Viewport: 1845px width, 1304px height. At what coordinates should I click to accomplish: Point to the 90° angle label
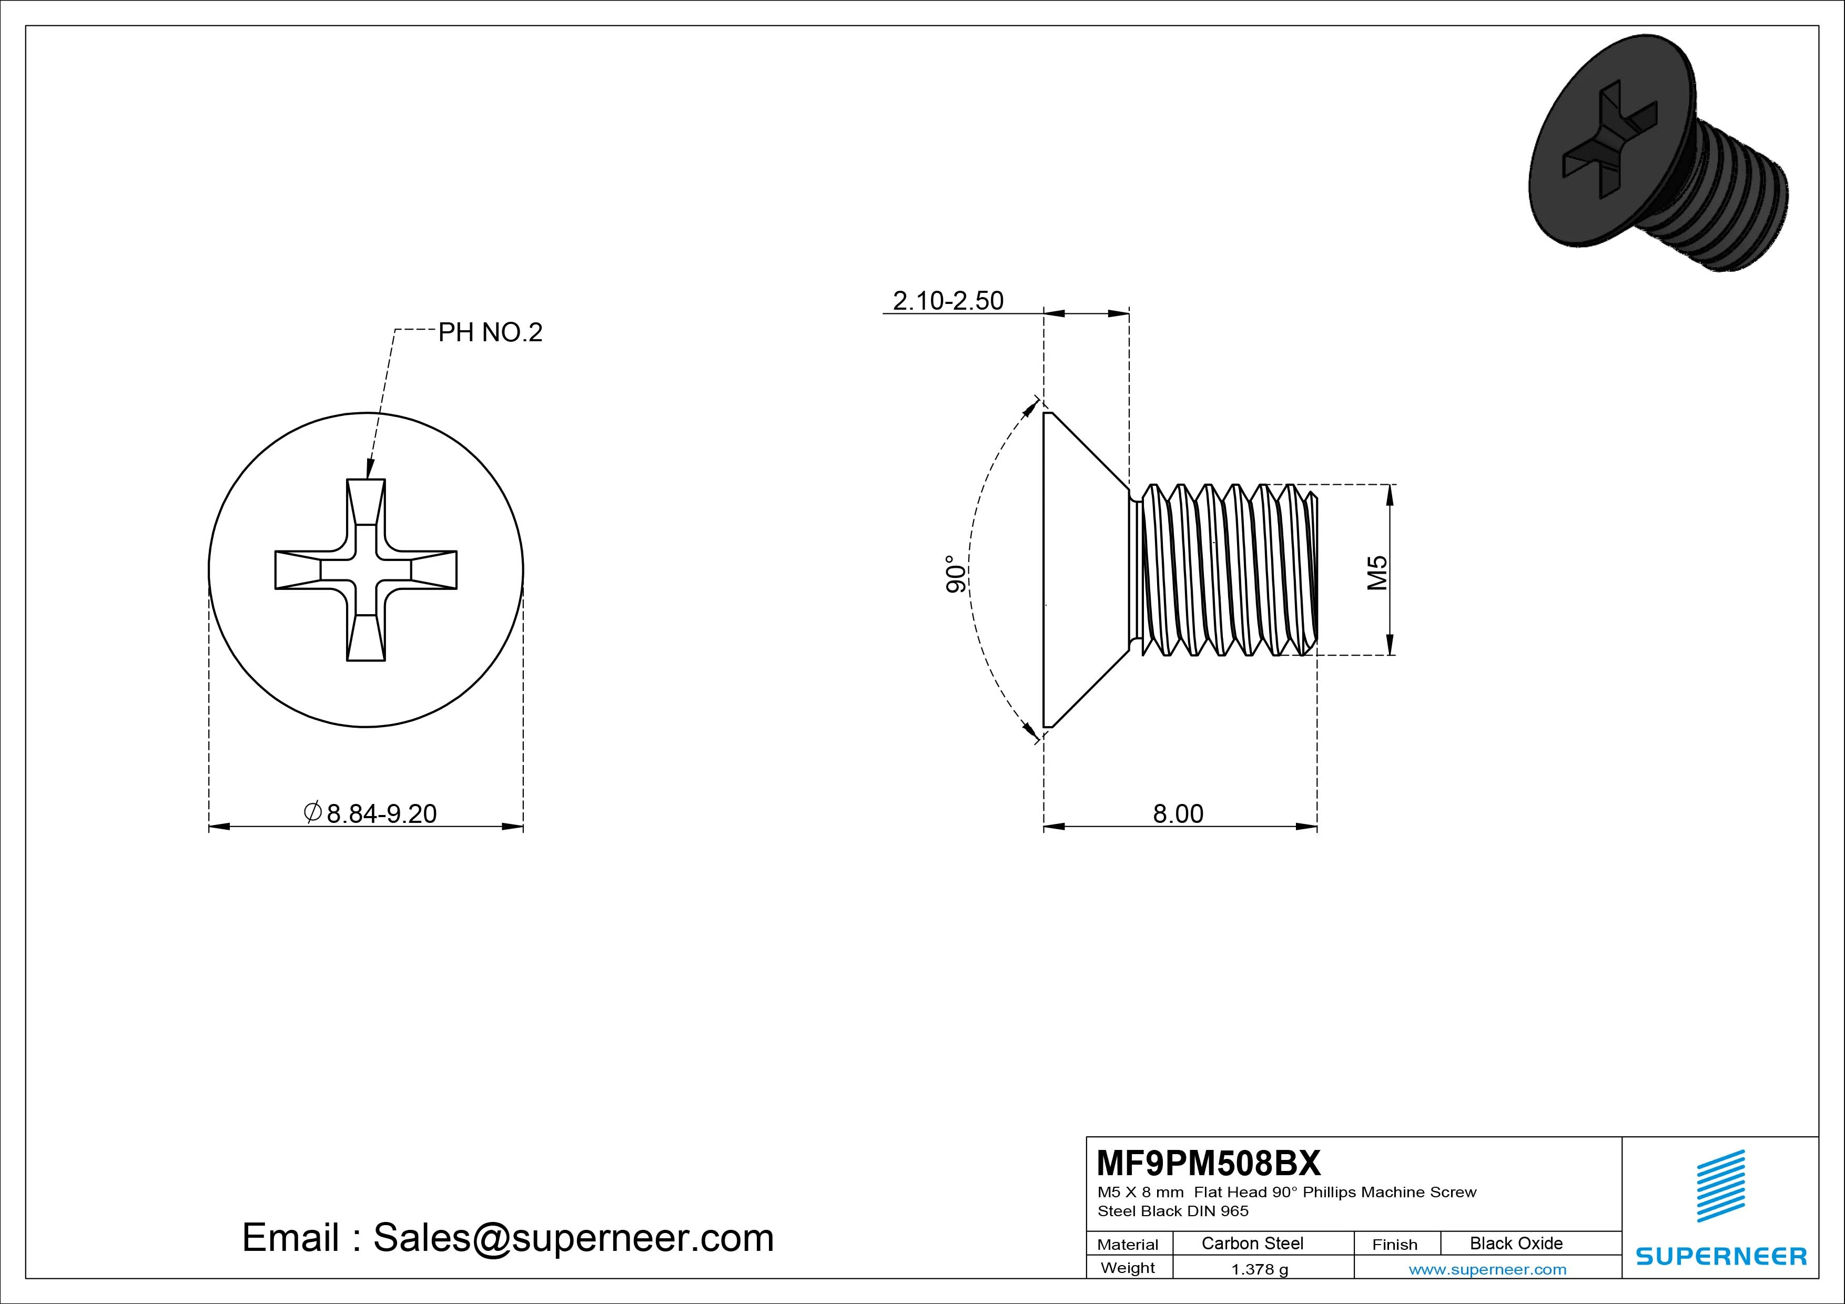(x=955, y=574)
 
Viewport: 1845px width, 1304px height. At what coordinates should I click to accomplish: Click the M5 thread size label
(x=1377, y=572)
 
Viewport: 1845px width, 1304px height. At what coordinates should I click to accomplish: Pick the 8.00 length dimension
(x=1178, y=814)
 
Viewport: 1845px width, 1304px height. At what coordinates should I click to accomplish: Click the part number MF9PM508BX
(x=1208, y=1163)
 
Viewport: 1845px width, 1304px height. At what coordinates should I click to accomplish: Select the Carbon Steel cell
(x=1252, y=1243)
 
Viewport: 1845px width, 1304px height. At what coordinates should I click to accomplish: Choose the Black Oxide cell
(x=1516, y=1243)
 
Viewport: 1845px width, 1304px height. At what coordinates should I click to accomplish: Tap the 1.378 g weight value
(x=1259, y=1269)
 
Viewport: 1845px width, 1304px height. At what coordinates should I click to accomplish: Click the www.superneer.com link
(x=1487, y=1269)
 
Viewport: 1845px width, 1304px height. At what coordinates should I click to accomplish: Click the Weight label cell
(x=1128, y=1268)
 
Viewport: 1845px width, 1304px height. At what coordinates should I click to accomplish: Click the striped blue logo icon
(x=1720, y=1186)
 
